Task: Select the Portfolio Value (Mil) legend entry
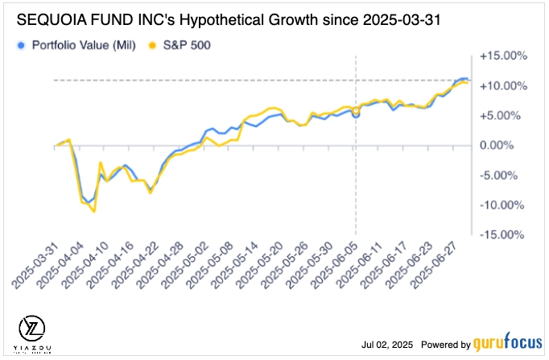78,45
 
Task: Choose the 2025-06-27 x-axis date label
434,267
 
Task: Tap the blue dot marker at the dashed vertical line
356,114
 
